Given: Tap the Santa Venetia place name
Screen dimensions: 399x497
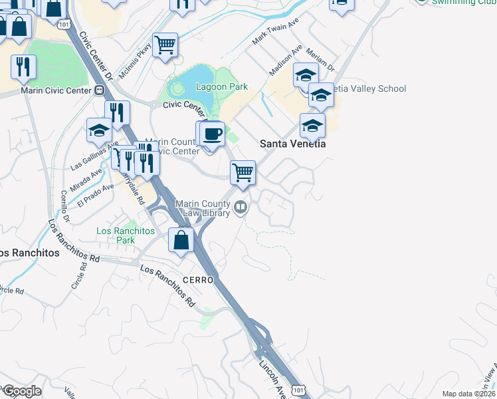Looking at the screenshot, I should coord(292,143).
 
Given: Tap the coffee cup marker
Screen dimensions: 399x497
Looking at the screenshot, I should coord(213,134).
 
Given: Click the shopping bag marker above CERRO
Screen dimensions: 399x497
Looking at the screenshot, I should coord(181,239).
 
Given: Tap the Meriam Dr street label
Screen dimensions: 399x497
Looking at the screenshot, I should coord(322,60).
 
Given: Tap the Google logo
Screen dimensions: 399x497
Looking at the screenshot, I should coord(22,391).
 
